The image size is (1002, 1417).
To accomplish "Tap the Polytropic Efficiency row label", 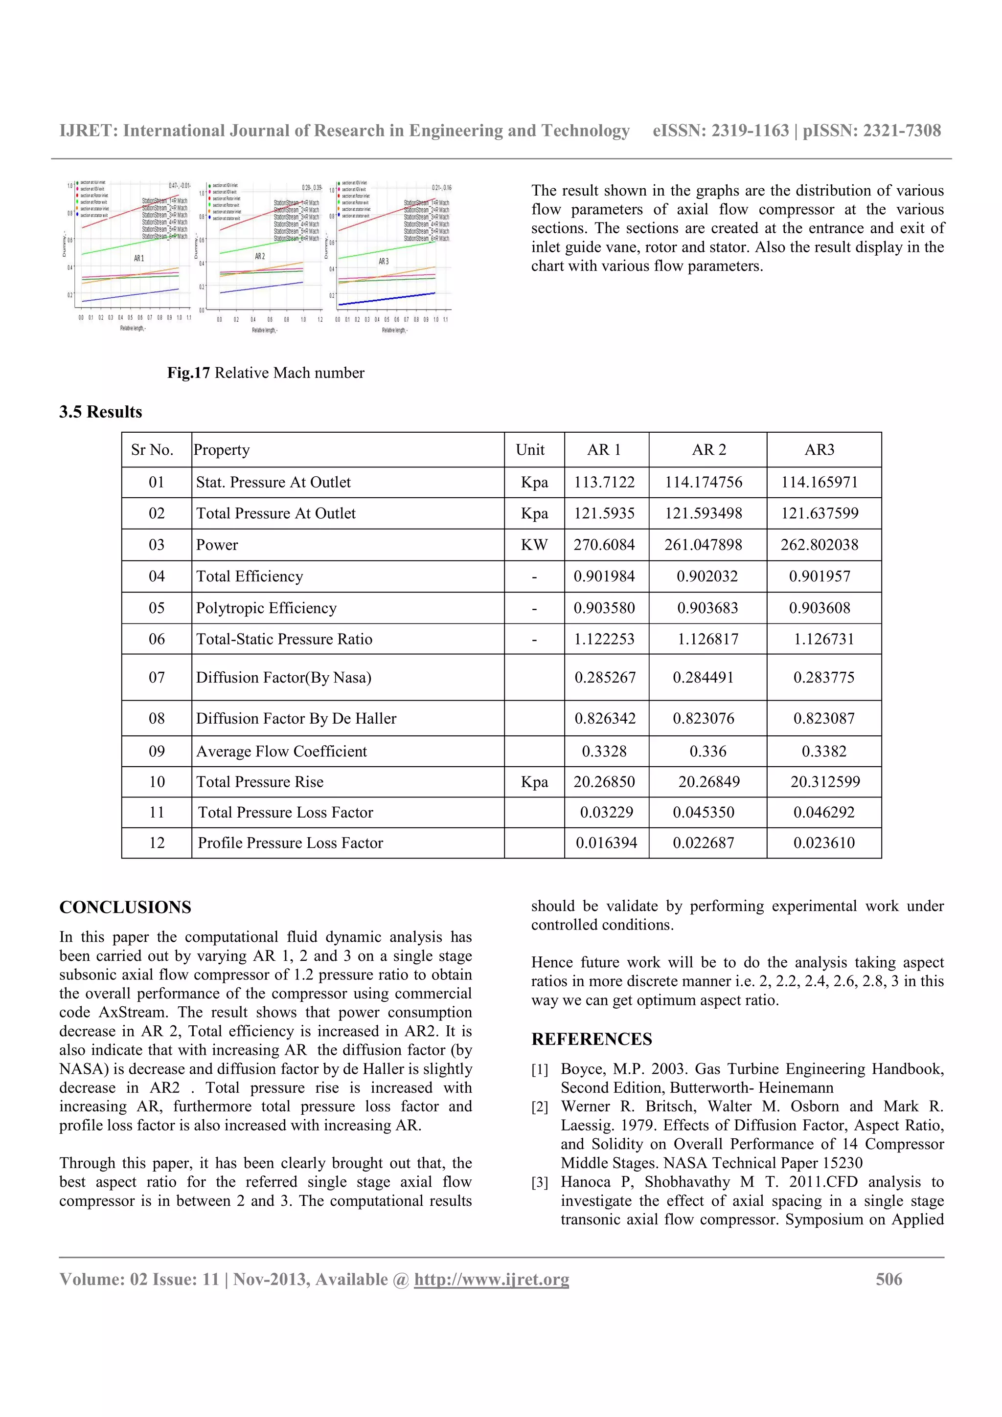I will [x=266, y=608].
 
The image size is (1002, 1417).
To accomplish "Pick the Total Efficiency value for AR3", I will [x=819, y=576].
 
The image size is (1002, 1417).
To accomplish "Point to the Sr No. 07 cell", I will [x=157, y=677].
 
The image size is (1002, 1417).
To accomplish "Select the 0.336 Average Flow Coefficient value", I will [x=707, y=751].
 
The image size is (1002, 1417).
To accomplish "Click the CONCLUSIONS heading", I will [x=125, y=907].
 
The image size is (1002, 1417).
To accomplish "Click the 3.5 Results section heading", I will [x=101, y=412].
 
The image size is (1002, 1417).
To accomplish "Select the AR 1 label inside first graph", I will [x=139, y=258].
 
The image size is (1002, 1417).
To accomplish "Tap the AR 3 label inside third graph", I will [x=384, y=262].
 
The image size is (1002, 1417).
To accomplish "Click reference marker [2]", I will [x=540, y=1107].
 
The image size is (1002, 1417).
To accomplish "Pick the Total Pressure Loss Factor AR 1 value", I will [x=606, y=812].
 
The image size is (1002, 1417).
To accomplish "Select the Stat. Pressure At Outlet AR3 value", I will [x=819, y=482].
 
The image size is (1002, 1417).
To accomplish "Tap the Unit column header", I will [x=530, y=449].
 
